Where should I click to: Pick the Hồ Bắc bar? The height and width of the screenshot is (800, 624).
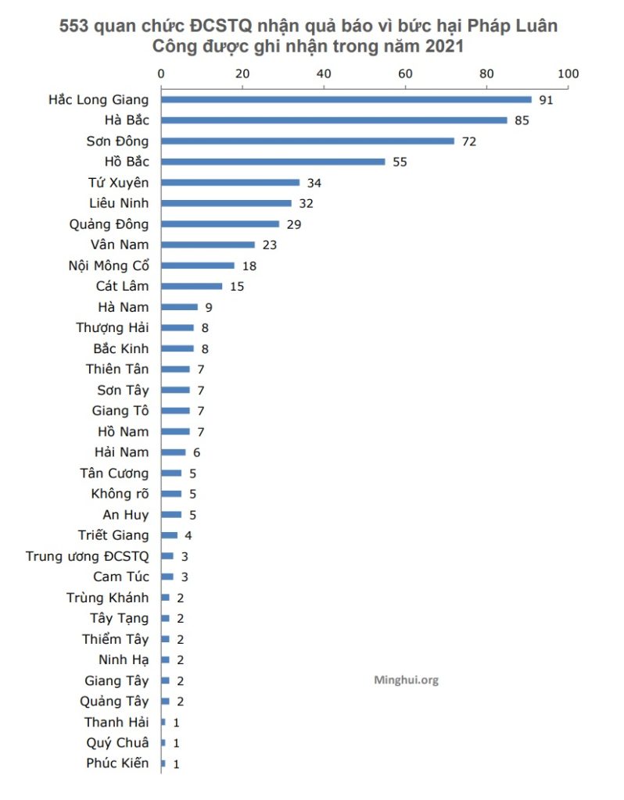273,162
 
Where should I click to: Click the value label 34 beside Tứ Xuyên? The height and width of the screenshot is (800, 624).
314,183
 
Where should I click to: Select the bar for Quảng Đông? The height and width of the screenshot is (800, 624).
220,224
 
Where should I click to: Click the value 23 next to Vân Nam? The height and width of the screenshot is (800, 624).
270,245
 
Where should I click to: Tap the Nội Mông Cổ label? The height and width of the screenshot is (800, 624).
109,266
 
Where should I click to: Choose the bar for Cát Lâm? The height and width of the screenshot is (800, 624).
192,286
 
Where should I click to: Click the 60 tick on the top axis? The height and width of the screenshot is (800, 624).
405,74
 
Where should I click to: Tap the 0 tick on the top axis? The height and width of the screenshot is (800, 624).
161,74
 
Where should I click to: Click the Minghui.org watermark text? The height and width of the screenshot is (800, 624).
407,680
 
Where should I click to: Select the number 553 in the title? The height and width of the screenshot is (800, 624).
75,26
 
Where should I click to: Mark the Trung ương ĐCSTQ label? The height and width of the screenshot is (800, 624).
87,556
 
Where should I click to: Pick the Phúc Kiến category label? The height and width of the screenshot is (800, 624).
117,763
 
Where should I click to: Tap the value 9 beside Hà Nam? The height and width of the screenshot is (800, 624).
209,307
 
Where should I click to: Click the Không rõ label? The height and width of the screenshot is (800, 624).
120,494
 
